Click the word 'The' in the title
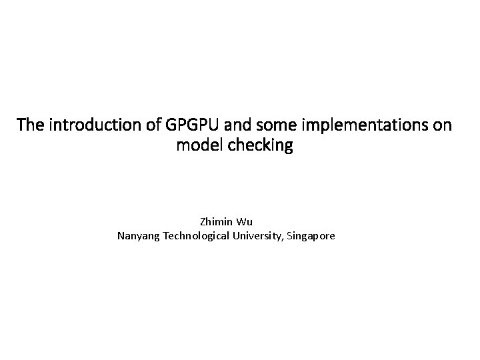point(29,125)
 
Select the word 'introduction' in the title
point(83,125)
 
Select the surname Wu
point(245,221)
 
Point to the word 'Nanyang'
point(136,235)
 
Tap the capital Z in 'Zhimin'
point(202,221)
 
